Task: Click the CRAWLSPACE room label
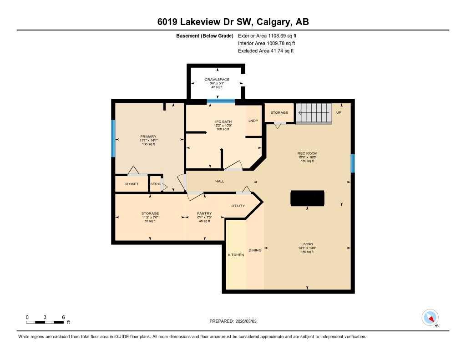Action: [217, 80]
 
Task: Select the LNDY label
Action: [253, 121]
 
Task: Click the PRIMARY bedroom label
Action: [148, 137]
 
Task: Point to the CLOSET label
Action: [131, 184]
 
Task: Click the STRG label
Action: [155, 184]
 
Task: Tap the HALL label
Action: [220, 181]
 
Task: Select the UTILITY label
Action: [238, 206]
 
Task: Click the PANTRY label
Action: [204, 213]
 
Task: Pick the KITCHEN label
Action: [236, 255]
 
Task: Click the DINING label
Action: [255, 250]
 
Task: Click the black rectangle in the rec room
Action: [307, 198]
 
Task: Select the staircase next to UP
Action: [314, 113]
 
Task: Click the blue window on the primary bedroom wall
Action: [113, 138]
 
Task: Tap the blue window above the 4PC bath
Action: [221, 101]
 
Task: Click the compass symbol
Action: [430, 317]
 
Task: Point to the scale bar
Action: [45, 322]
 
